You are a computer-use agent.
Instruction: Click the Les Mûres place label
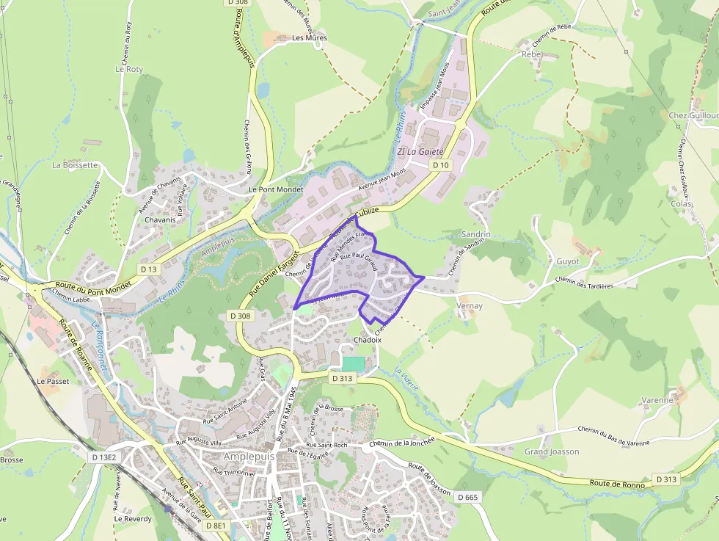309,37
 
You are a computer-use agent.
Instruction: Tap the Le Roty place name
129,69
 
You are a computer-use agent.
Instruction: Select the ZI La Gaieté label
420,151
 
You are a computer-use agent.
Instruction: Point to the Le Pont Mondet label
276,189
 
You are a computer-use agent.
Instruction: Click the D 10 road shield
440,165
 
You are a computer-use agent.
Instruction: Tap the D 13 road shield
148,269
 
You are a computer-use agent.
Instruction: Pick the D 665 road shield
467,498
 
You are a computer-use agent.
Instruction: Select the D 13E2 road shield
104,457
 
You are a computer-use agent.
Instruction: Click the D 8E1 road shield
216,526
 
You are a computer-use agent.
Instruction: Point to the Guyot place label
567,261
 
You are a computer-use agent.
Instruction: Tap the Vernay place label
470,305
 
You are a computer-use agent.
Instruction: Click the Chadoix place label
368,341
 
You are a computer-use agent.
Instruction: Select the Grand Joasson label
552,451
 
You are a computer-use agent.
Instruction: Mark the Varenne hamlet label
657,400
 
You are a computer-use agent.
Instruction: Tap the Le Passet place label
52,382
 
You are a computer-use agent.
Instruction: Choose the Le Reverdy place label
132,518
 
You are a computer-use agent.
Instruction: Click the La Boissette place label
75,165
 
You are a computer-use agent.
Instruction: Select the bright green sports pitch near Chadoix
353,363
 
